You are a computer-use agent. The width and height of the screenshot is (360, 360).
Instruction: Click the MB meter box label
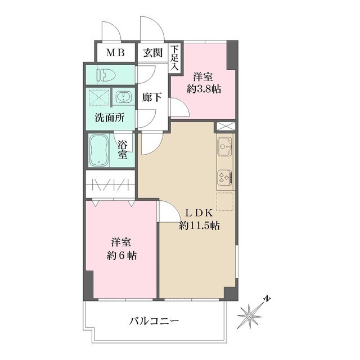pyautogui.click(x=116, y=53)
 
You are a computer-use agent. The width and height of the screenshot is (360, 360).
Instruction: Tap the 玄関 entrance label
pyautogui.click(x=152, y=53)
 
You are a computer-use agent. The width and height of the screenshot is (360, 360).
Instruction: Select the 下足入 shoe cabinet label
pyautogui.click(x=175, y=58)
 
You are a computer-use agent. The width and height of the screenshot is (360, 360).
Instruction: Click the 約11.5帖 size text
pyautogui.click(x=199, y=226)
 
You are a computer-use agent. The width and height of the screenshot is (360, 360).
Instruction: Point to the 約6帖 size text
pyautogui.click(x=121, y=254)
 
